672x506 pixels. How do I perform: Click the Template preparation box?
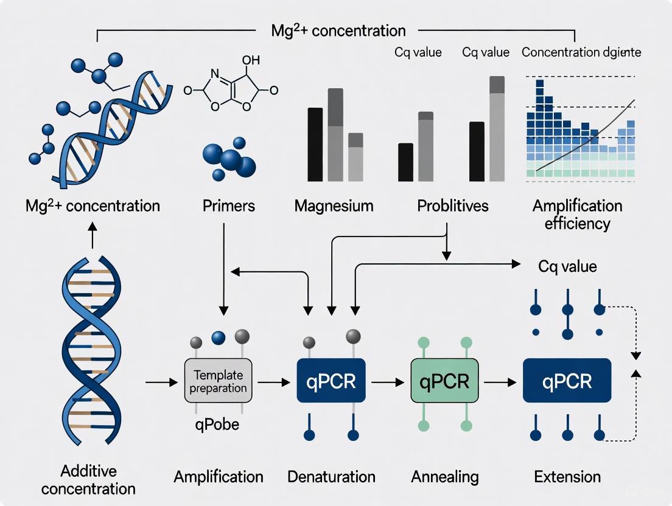click(x=218, y=381)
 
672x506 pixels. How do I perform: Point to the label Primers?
click(x=228, y=206)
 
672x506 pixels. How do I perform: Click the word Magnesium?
click(x=334, y=206)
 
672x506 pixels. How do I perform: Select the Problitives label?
click(x=453, y=206)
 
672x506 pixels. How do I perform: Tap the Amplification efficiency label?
click(x=577, y=214)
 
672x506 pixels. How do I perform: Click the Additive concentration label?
click(x=97, y=479)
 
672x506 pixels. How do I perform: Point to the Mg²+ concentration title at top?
click(x=338, y=30)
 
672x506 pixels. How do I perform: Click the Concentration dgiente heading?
click(x=581, y=52)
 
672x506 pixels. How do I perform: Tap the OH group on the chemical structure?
click(x=250, y=61)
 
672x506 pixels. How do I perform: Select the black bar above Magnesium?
click(x=315, y=144)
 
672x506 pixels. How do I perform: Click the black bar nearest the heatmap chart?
click(x=477, y=151)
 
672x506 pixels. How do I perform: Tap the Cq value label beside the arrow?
click(x=567, y=266)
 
